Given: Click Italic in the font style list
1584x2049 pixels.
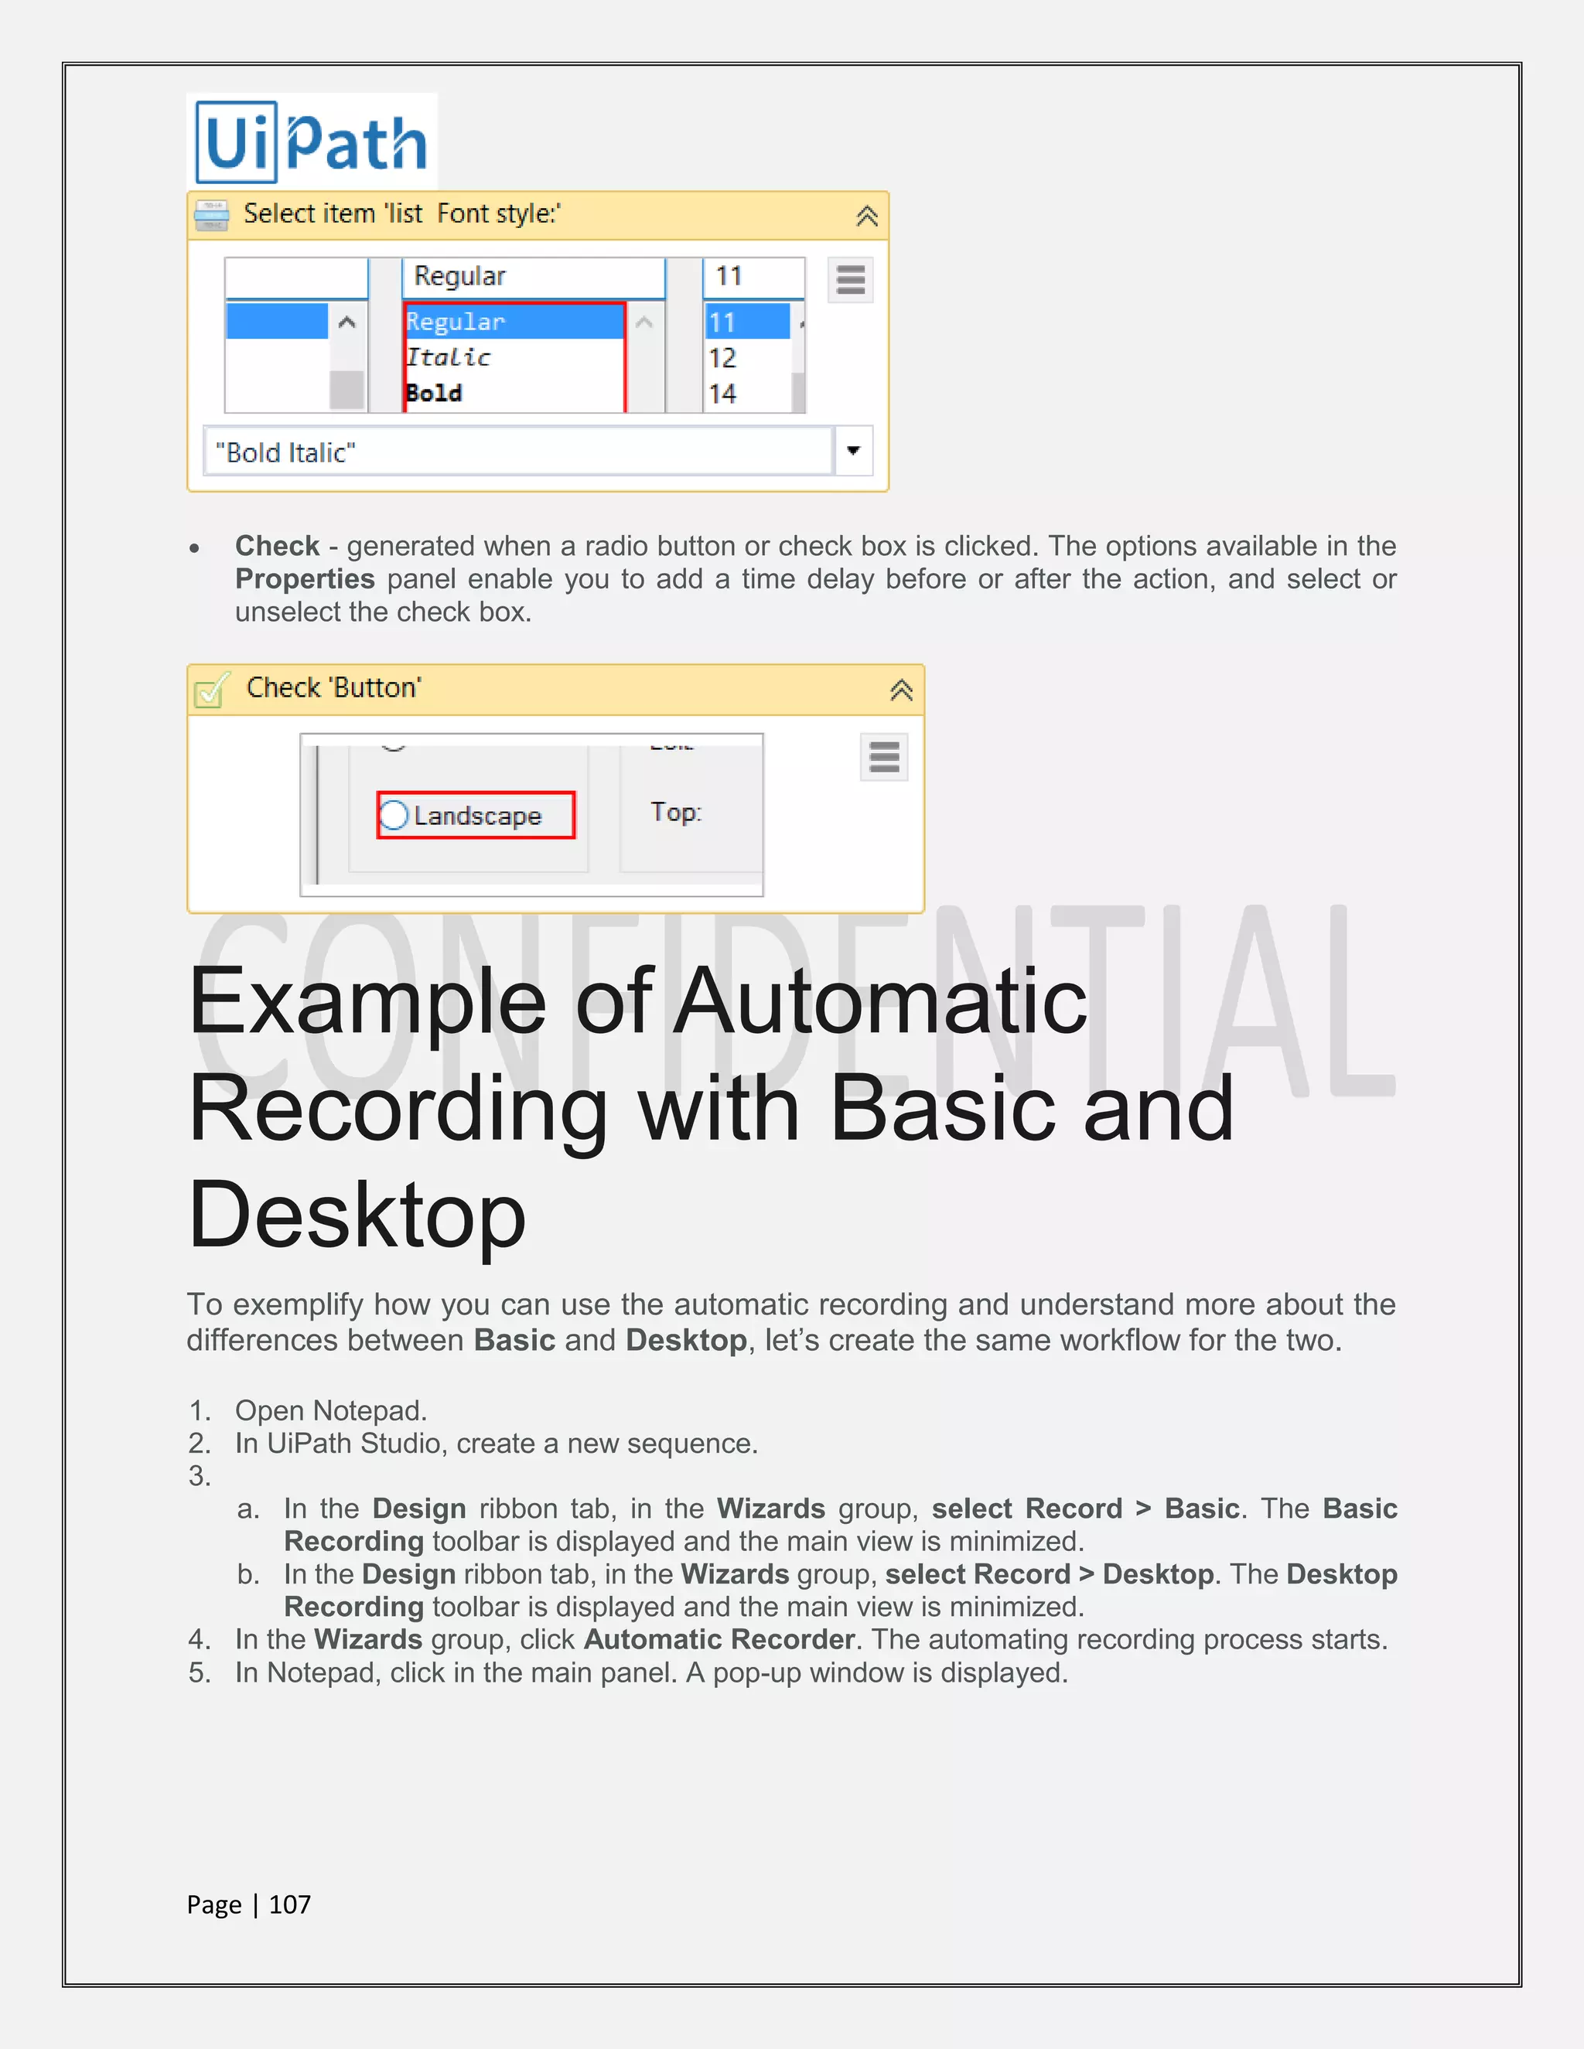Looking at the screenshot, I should coord(449,357).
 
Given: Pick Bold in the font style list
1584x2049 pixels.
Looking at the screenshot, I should coord(435,393).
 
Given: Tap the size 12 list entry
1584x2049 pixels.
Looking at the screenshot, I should coord(722,357).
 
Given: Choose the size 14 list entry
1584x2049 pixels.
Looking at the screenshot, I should coord(722,393).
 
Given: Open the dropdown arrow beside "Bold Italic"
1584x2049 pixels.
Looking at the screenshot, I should coord(853,450).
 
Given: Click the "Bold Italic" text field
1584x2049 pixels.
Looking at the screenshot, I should coord(516,452).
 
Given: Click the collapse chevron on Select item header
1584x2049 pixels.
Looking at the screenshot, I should coord(867,216).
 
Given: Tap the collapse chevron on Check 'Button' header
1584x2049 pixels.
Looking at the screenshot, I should coord(901,690).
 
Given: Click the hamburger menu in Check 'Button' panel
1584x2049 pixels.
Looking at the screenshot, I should coord(884,756).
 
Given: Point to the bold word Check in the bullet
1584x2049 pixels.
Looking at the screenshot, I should coord(277,546).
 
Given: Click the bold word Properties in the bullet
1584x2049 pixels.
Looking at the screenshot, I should coord(305,579).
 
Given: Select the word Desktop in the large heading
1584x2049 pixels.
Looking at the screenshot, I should coord(357,1215).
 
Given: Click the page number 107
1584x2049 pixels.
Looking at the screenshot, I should coord(289,1904).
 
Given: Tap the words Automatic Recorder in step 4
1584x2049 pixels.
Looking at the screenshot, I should coord(719,1639).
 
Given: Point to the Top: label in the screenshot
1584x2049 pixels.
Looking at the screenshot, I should coord(676,812).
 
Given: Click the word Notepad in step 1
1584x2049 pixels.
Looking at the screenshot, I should coord(370,1410).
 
